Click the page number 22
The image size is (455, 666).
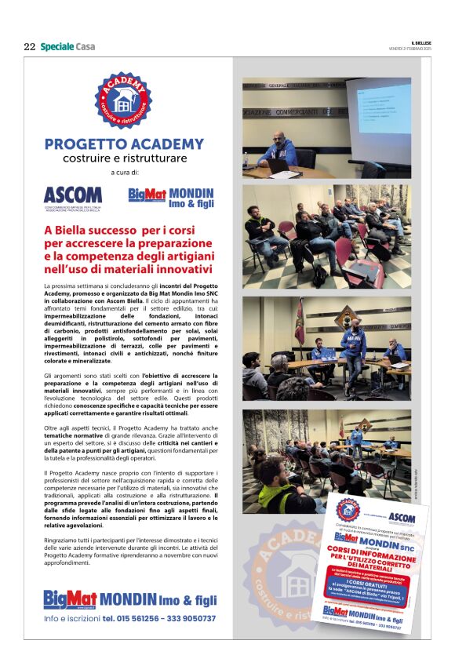click(x=29, y=47)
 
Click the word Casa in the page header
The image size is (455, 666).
click(x=86, y=47)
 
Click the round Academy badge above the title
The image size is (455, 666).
click(x=123, y=100)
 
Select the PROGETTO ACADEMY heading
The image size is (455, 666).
click(x=123, y=144)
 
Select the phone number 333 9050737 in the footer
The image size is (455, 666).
click(x=189, y=619)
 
